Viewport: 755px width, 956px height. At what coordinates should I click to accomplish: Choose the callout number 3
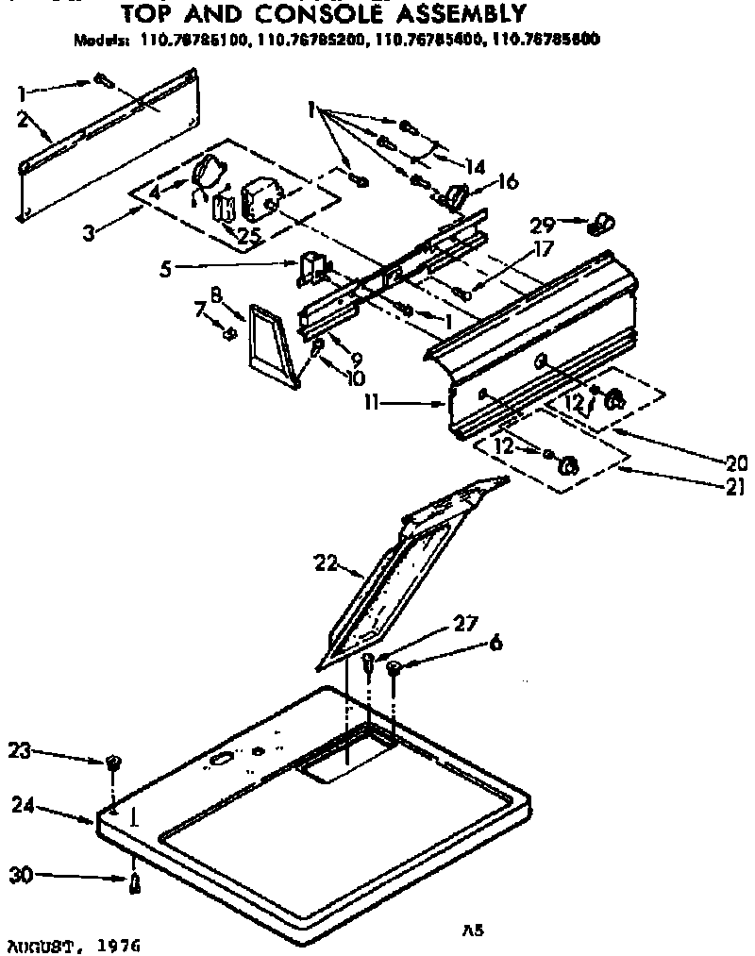tap(88, 231)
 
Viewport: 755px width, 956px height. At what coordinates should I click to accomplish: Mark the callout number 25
tap(247, 234)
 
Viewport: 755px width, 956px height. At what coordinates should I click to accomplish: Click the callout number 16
tap(508, 180)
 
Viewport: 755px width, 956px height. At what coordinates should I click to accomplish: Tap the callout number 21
tap(736, 487)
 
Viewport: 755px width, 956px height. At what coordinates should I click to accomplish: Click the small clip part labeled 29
tap(596, 226)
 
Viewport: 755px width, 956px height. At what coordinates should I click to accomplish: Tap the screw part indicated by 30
tap(135, 882)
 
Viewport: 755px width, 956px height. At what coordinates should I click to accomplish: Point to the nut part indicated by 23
tap(113, 761)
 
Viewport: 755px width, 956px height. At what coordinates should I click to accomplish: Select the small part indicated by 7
tap(227, 332)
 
